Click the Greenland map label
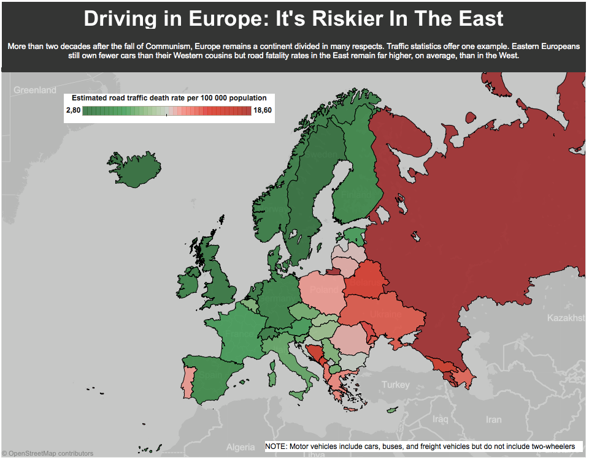click(x=35, y=90)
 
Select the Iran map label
click(x=494, y=420)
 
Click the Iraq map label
click(x=440, y=420)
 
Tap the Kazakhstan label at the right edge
click(x=568, y=319)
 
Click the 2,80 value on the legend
click(x=72, y=110)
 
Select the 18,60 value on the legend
click(x=262, y=110)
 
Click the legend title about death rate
click(x=169, y=98)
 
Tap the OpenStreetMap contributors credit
click(x=48, y=453)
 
